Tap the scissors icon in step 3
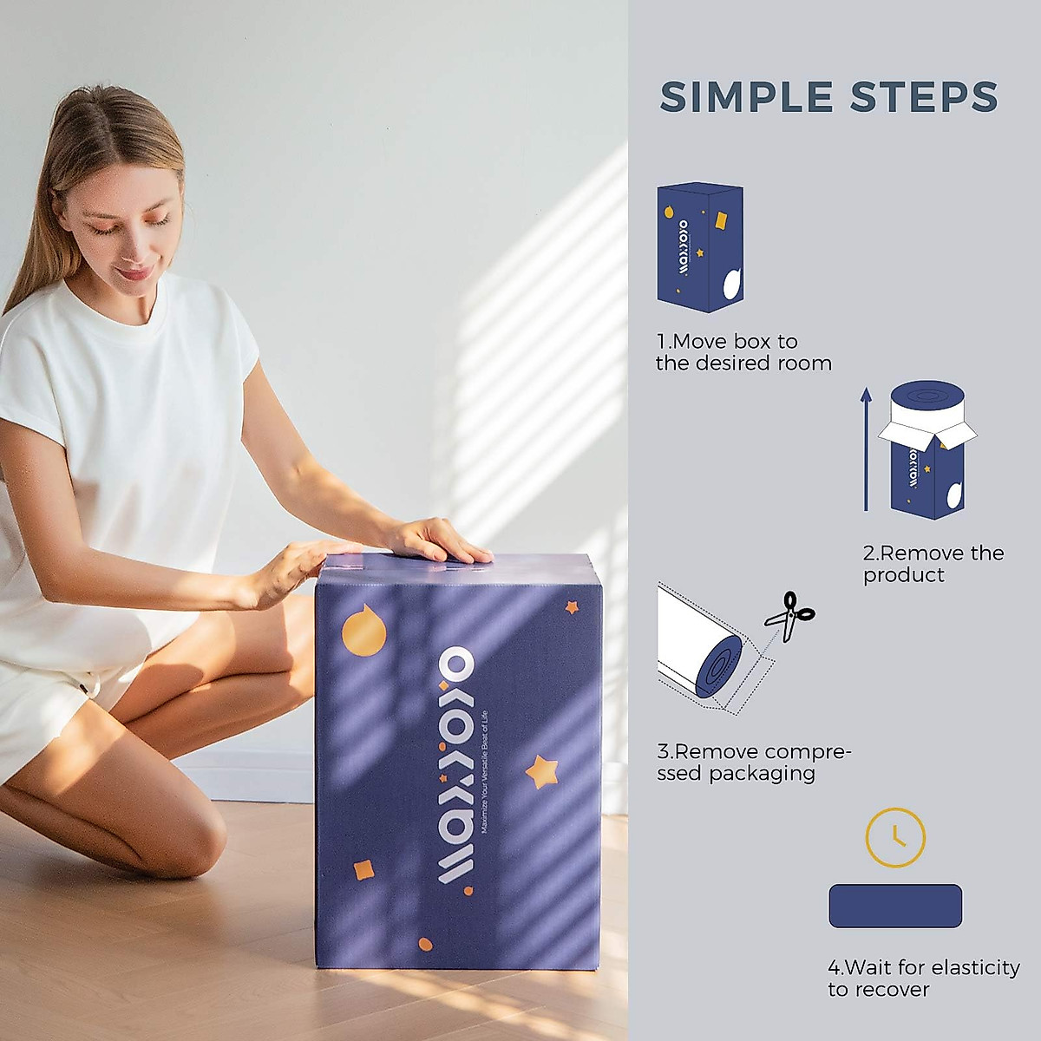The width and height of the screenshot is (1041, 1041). click(789, 615)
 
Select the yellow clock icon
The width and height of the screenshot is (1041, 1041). click(895, 837)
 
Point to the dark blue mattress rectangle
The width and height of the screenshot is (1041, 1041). click(895, 906)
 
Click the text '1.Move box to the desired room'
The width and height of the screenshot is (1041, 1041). click(743, 352)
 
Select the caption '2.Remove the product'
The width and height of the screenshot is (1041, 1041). click(933, 564)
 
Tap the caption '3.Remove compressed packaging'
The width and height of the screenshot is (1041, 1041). click(754, 763)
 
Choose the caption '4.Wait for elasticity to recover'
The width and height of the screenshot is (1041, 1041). click(923, 978)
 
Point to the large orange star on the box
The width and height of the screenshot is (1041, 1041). click(541, 771)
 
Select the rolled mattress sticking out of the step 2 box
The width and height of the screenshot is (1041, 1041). click(927, 404)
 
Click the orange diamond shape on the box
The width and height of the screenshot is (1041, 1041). click(364, 870)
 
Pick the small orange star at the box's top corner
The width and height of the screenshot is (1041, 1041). click(572, 607)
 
